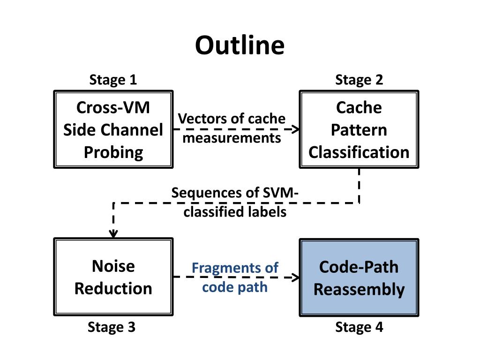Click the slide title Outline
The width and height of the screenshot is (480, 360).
coord(240,45)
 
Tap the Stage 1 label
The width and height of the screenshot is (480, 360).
coord(113,80)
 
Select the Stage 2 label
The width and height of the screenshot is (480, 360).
coord(359,80)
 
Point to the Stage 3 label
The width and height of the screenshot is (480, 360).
coord(112,327)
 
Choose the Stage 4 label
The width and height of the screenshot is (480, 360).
coord(359,327)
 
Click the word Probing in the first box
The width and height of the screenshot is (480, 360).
coord(113,152)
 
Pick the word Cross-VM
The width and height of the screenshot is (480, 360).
coord(113,107)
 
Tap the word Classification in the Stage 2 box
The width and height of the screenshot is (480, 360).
coord(359,152)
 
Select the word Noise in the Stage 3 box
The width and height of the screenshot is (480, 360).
coord(113,266)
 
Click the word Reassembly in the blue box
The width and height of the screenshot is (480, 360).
coord(359,290)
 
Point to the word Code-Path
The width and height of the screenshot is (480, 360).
coord(359,267)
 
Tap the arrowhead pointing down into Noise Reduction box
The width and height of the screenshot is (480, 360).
coord(113,234)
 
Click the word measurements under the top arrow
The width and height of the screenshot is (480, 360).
coord(232,138)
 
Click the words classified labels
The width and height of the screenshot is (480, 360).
coord(235,212)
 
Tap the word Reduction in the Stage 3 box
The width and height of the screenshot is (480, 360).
coord(113,289)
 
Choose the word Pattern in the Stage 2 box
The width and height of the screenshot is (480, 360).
coord(359,130)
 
